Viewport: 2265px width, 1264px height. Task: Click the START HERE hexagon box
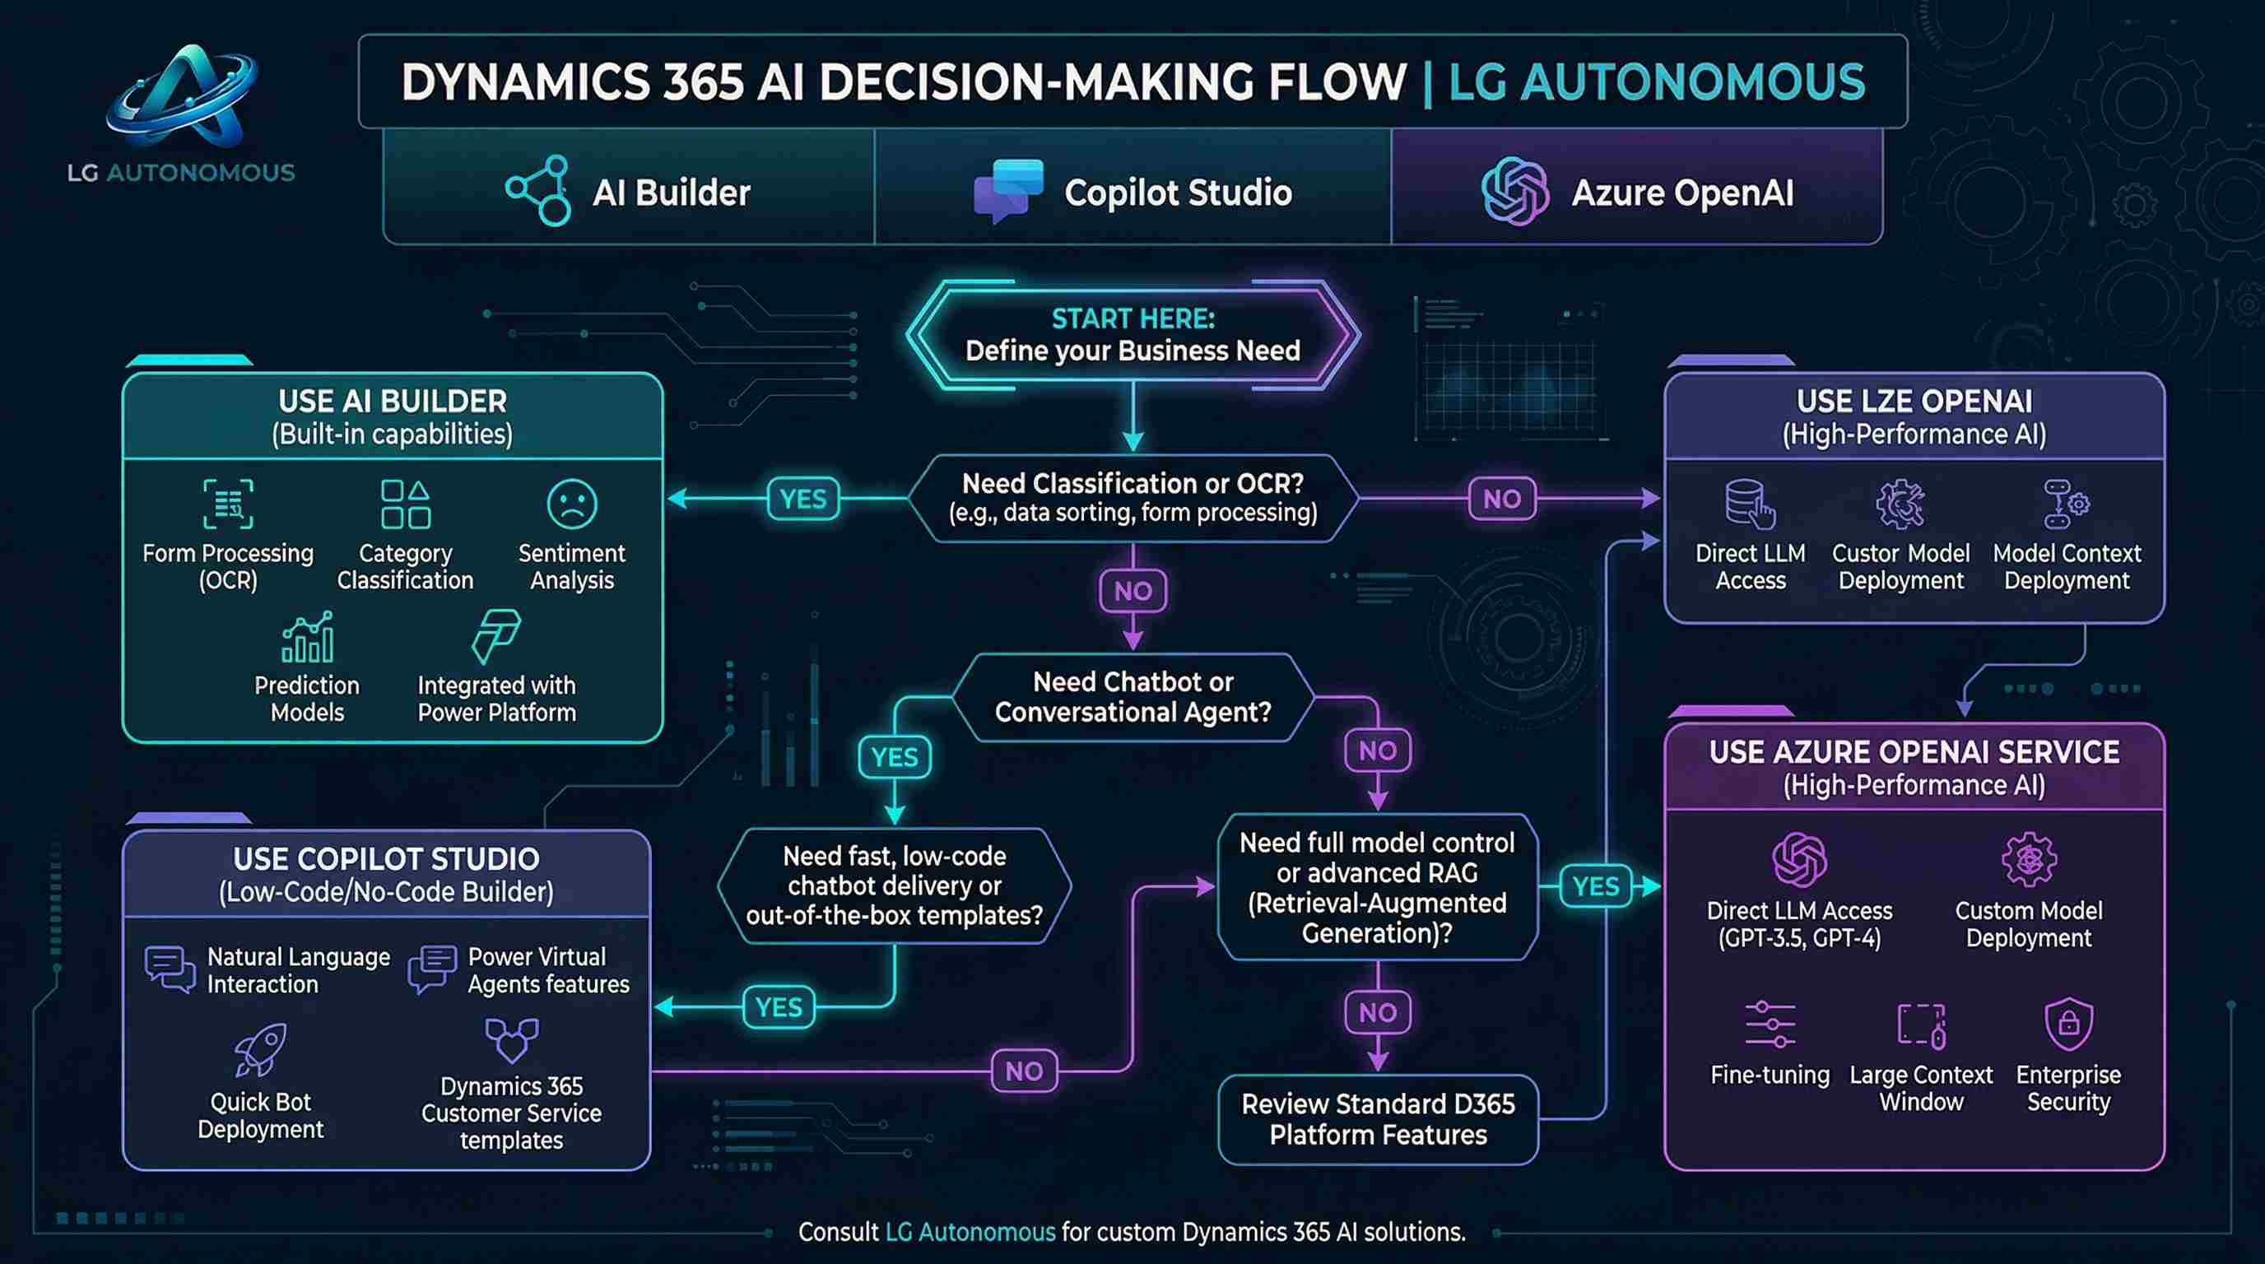1132,335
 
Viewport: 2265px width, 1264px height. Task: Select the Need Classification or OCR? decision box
1132,498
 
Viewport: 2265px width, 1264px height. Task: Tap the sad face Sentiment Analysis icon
571,504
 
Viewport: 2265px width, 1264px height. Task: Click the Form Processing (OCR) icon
228,504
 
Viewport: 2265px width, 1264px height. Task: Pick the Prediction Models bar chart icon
307,637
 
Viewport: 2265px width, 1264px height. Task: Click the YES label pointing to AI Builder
802,500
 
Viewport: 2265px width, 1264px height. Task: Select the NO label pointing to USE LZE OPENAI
1502,500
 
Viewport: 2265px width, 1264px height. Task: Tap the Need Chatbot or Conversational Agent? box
1132,697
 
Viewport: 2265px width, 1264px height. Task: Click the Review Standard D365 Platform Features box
1378,1119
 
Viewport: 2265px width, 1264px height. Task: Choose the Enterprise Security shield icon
2068,1024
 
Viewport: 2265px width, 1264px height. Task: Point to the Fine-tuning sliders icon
1770,1024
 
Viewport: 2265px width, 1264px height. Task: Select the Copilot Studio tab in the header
1132,193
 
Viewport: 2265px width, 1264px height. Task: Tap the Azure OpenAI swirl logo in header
1514,191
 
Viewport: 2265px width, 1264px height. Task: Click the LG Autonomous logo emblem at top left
183,96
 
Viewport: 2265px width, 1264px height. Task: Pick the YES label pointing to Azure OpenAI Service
1595,886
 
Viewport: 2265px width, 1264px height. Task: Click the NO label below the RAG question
1378,1013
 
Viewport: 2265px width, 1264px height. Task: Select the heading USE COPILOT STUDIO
386,859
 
